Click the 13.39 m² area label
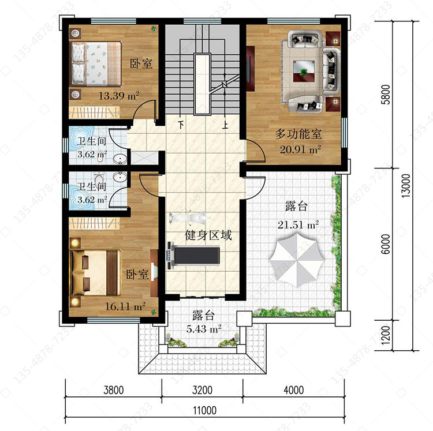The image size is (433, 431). click(119, 96)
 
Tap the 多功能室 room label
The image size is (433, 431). click(298, 134)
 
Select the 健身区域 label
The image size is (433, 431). click(208, 235)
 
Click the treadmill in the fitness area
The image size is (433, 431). click(193, 256)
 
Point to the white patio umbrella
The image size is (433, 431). click(296, 260)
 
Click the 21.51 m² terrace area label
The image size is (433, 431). click(298, 224)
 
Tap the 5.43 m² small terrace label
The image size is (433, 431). click(204, 329)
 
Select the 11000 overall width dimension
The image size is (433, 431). click(204, 410)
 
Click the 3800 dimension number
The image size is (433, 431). click(114, 390)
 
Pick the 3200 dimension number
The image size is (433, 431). click(202, 390)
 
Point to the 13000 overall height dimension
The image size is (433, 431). click(406, 186)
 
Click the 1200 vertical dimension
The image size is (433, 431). click(386, 335)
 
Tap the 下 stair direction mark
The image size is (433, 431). click(181, 125)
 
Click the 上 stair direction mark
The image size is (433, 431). click(225, 125)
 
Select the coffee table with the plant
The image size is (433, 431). click(304, 71)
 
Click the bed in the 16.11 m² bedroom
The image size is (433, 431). click(96, 272)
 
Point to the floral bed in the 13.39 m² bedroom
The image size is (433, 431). click(96, 63)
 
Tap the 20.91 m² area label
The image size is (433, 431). click(300, 149)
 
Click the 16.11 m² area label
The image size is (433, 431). click(125, 306)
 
